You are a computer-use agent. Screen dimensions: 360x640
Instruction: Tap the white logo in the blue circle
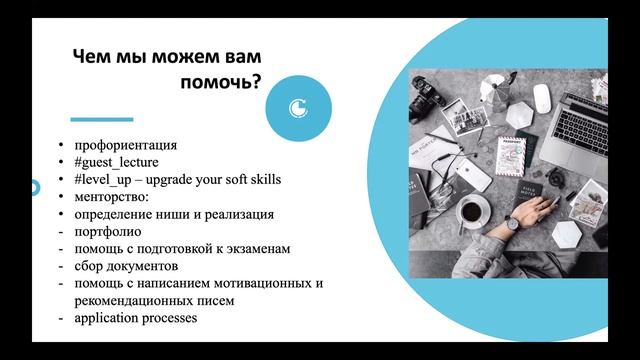[297, 107]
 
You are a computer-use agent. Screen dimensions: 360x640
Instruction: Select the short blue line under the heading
[101, 119]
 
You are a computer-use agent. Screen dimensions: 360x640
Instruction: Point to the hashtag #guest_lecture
[116, 162]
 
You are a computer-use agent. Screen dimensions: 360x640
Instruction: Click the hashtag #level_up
[104, 180]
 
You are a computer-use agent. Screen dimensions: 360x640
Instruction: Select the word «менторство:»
[110, 197]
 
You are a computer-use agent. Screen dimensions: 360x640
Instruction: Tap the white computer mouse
[541, 97]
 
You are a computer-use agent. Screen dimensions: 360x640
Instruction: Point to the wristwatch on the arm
[511, 223]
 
